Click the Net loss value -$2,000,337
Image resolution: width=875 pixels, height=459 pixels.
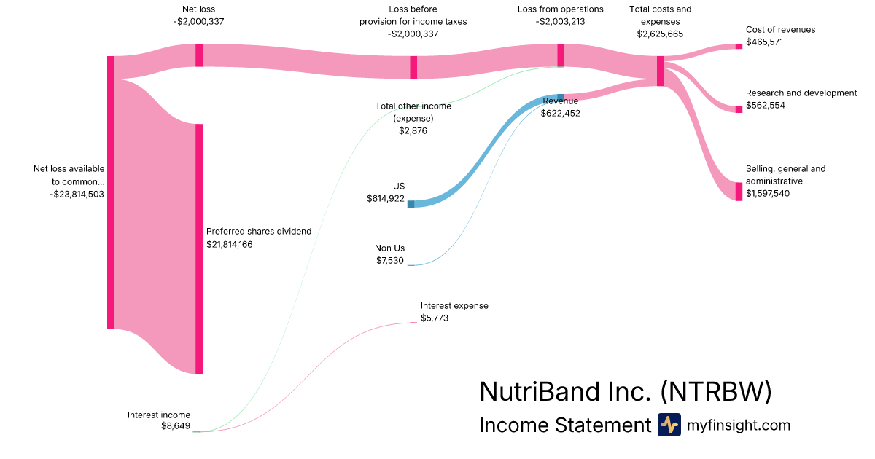click(198, 22)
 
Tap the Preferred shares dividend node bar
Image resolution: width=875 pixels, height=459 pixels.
click(199, 248)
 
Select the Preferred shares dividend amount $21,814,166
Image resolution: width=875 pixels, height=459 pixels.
click(240, 244)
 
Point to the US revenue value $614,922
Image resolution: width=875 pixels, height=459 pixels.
click(386, 199)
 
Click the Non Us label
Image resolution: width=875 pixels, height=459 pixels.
click(389, 248)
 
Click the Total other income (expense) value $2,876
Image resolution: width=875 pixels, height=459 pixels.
click(413, 130)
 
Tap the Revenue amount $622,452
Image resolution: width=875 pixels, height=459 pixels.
click(560, 113)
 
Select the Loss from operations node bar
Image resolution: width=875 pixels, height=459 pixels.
click(561, 55)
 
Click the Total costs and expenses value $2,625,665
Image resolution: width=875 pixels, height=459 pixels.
click(660, 34)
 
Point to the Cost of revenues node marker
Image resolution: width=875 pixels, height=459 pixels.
click(739, 46)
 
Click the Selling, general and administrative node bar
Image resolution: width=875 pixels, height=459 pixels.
click(739, 191)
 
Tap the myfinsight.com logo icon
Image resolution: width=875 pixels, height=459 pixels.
click(669, 425)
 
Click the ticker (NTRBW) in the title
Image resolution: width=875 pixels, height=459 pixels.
click(715, 392)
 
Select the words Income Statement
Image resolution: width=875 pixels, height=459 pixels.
click(564, 425)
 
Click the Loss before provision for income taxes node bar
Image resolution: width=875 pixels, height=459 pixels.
click(413, 67)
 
